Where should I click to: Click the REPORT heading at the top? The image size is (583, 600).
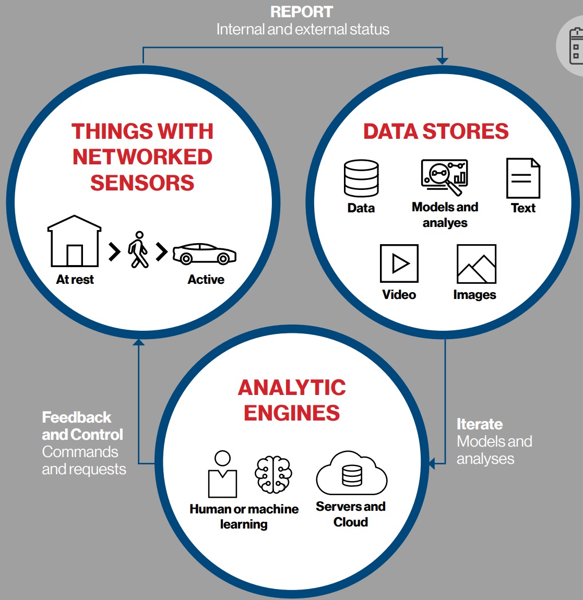[302, 12]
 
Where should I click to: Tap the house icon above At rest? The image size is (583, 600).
[74, 241]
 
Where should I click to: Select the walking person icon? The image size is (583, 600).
[138, 249]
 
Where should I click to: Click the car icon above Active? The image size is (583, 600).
[205, 254]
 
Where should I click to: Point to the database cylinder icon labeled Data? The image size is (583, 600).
[361, 178]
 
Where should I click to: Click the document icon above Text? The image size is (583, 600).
[523, 178]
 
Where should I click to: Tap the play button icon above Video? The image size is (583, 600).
[399, 263]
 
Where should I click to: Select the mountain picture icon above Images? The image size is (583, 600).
[476, 263]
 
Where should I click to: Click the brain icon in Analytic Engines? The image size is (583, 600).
[273, 474]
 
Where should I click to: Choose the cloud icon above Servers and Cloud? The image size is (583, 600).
[352, 473]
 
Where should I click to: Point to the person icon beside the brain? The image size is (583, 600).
[222, 474]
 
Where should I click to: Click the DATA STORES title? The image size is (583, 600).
[436, 131]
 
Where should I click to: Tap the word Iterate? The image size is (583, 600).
[480, 424]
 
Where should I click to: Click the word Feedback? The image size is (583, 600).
[77, 417]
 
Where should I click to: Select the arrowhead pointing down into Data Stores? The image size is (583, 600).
[443, 61]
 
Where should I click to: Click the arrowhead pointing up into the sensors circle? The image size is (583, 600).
[138, 342]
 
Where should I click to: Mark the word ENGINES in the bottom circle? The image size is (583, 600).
[292, 413]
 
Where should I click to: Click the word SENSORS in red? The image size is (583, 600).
[142, 183]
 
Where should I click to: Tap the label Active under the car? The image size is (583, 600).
[206, 279]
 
